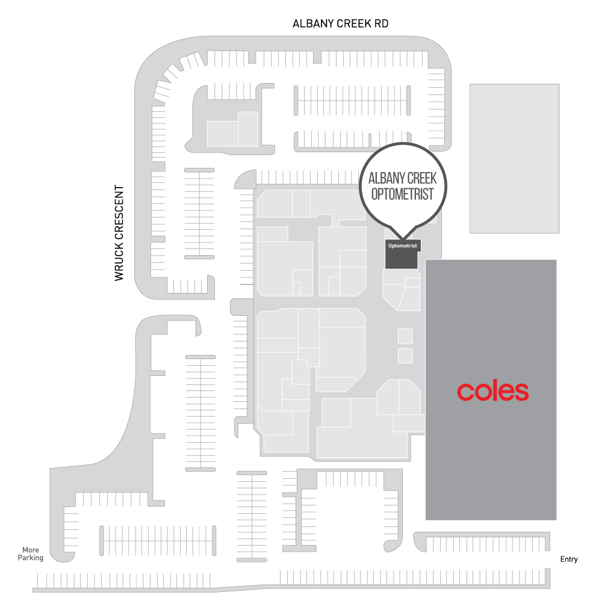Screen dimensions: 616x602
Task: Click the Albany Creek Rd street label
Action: [x=340, y=24]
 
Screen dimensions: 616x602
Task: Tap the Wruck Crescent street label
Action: [x=119, y=233]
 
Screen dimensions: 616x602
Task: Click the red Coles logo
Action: [x=492, y=392]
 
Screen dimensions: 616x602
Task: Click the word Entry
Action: [x=568, y=559]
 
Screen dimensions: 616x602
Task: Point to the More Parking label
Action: [x=31, y=554]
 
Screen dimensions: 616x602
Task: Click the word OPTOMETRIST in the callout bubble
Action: [x=403, y=194]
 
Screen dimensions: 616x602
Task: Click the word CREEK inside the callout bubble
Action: [x=423, y=178]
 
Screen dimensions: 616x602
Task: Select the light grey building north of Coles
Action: [x=514, y=158]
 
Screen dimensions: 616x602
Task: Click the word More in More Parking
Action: [x=31, y=550]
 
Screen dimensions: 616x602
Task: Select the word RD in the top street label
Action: [x=380, y=24]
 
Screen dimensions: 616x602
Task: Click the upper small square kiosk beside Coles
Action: [x=405, y=336]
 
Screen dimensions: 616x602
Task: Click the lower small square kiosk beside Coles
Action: [x=405, y=356]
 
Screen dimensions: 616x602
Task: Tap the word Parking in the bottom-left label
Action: [x=31, y=558]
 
